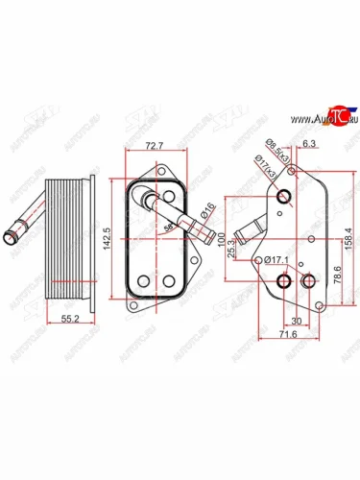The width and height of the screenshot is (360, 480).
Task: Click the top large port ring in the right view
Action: tap(284, 198)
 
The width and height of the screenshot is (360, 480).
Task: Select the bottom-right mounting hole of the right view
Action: tap(309, 281)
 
